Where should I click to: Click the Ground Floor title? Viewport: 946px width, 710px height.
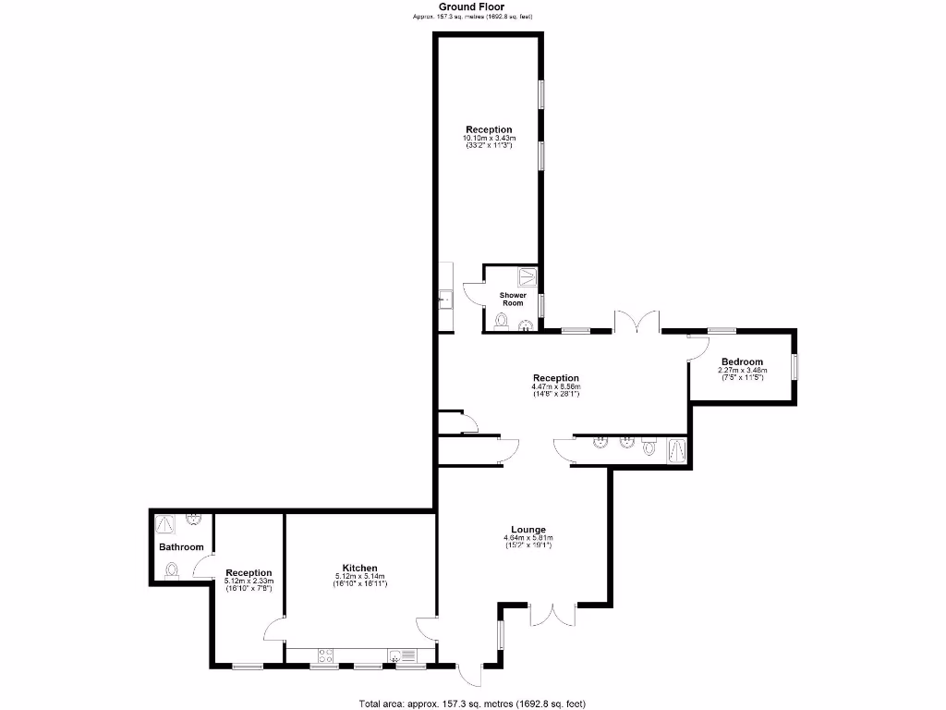click(x=471, y=6)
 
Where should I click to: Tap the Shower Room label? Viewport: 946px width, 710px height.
click(x=513, y=299)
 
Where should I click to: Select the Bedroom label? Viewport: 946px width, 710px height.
click(x=743, y=361)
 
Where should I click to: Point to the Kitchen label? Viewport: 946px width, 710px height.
click(x=360, y=568)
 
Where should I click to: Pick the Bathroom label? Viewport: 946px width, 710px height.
click(x=181, y=547)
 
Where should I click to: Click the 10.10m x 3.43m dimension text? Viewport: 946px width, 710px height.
click(x=489, y=139)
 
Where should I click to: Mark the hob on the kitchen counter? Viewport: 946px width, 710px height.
click(x=325, y=655)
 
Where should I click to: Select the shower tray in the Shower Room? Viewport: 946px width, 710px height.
click(x=528, y=275)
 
